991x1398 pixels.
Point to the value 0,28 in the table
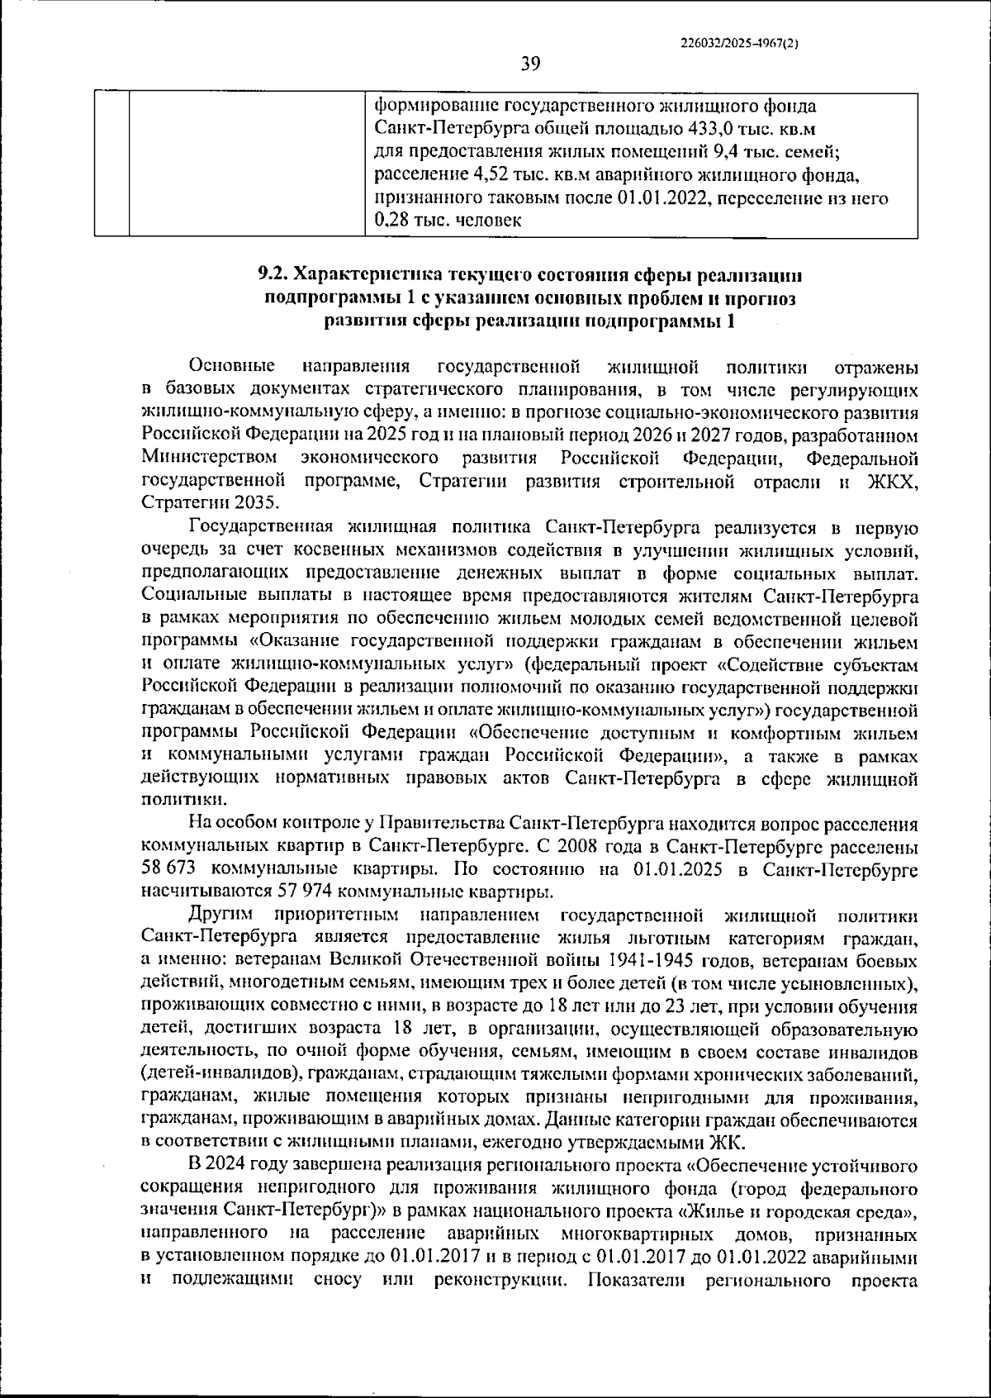[x=392, y=221]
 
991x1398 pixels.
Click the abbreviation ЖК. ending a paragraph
[x=727, y=1143]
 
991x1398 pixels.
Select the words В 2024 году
[x=239, y=1166]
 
